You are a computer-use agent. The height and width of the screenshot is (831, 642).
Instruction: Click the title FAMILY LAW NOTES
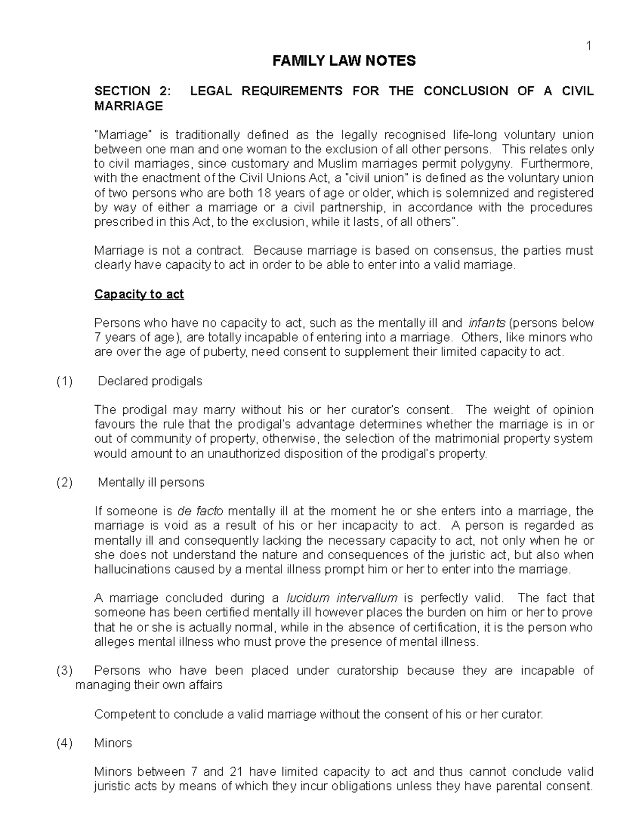pyautogui.click(x=344, y=61)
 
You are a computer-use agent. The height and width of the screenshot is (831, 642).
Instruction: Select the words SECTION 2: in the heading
pyautogui.click(x=133, y=91)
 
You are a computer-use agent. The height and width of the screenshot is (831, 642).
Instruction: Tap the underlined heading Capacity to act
pyautogui.click(x=139, y=294)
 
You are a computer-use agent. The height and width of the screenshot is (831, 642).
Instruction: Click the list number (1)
pyautogui.click(x=64, y=382)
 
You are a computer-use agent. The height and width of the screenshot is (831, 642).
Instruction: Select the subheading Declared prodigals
pyautogui.click(x=150, y=382)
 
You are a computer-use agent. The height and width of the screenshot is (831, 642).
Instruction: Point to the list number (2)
pyautogui.click(x=64, y=483)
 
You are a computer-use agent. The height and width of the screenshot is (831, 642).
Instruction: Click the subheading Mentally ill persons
pyautogui.click(x=151, y=483)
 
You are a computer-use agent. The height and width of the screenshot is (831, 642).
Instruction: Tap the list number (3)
pyautogui.click(x=64, y=670)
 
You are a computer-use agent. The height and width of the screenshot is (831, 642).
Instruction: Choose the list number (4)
pyautogui.click(x=64, y=743)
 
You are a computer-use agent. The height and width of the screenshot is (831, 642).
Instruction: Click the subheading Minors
pyautogui.click(x=113, y=743)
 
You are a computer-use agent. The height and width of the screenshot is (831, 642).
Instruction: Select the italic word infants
pyautogui.click(x=486, y=323)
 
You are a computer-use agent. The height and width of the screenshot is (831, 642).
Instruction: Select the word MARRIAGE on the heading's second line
pyautogui.click(x=128, y=106)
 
